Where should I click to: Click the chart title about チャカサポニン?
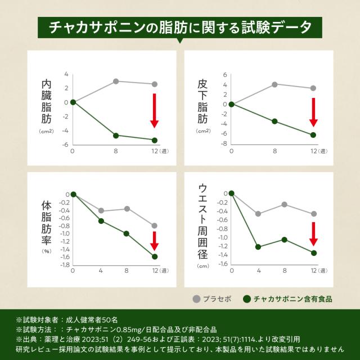(179, 27)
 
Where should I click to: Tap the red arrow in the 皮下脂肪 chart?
(314, 112)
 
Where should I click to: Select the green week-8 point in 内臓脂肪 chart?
(116, 136)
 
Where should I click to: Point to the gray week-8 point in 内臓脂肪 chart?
(116, 81)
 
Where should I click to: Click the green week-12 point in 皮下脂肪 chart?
(313, 135)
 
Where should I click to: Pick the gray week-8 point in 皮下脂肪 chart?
(274, 84)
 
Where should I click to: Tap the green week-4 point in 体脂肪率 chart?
(101, 221)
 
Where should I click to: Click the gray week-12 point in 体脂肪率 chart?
(155, 226)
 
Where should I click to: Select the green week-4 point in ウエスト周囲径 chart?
(259, 247)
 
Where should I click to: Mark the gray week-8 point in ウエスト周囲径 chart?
(285, 204)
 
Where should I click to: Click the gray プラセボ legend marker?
(196, 298)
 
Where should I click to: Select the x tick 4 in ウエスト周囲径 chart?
(259, 271)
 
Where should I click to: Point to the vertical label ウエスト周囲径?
(203, 220)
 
